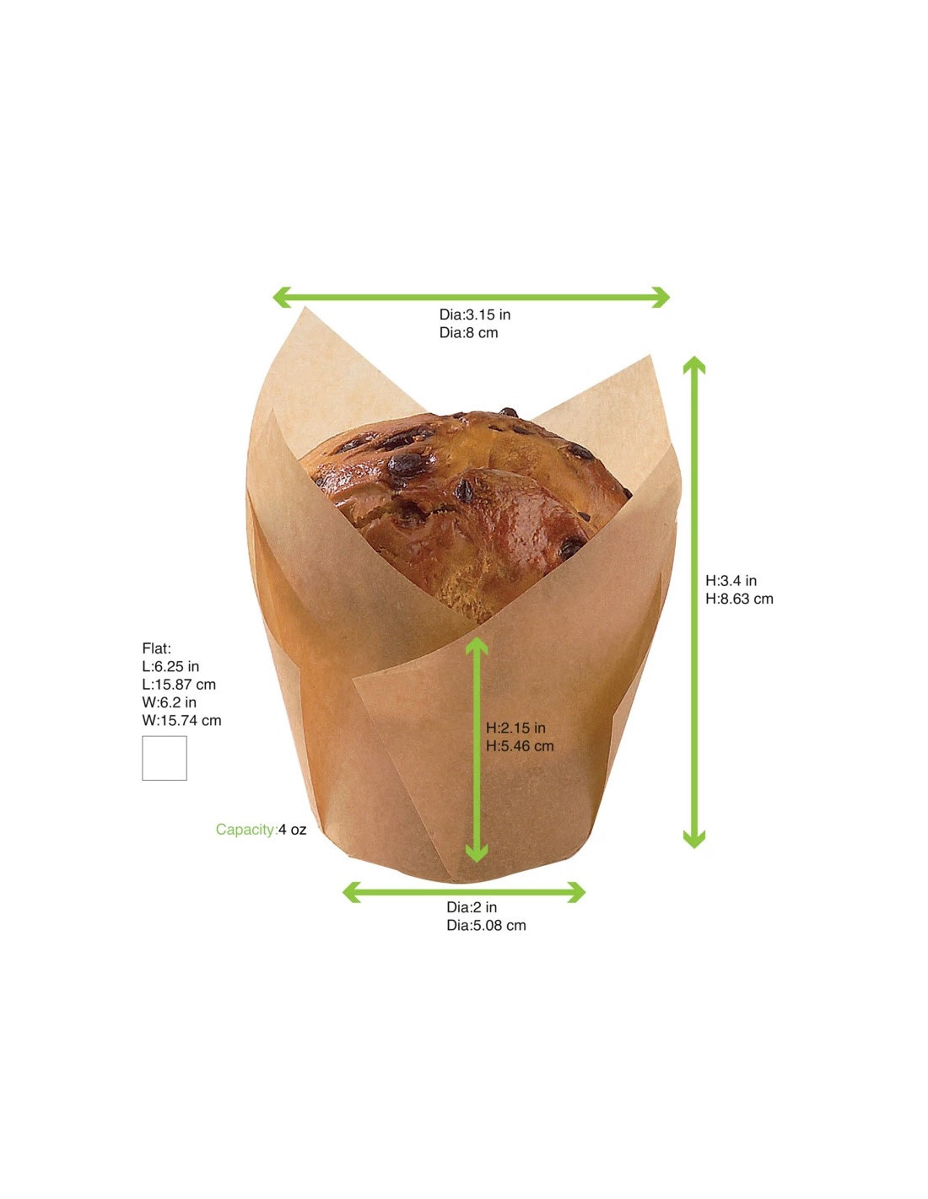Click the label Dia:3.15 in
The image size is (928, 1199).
pyautogui.click(x=474, y=315)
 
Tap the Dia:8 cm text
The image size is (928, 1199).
pyautogui.click(x=468, y=333)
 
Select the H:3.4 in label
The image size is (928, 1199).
pyautogui.click(x=731, y=581)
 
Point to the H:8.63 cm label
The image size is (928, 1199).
pyautogui.click(x=739, y=599)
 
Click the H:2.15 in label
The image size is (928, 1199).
pyautogui.click(x=515, y=728)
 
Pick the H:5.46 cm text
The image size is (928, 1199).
pyautogui.click(x=520, y=746)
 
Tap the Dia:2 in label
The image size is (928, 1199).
pyautogui.click(x=472, y=907)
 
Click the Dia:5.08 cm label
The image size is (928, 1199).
pyautogui.click(x=486, y=926)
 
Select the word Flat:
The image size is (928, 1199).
pyautogui.click(x=156, y=648)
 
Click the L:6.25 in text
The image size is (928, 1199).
pyautogui.click(x=170, y=667)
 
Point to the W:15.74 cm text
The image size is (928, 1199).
pyautogui.click(x=181, y=721)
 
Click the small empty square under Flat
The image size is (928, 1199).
pyautogui.click(x=165, y=758)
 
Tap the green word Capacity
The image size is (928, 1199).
pyautogui.click(x=245, y=830)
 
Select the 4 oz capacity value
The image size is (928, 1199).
pyautogui.click(x=293, y=830)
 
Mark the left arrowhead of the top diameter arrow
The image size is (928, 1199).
pyautogui.click(x=281, y=297)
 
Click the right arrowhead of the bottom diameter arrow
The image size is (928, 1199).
pyautogui.click(x=577, y=892)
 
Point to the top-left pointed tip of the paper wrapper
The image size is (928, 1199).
pyautogui.click(x=305, y=309)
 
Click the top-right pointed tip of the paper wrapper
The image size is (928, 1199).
pyautogui.click(x=650, y=358)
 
